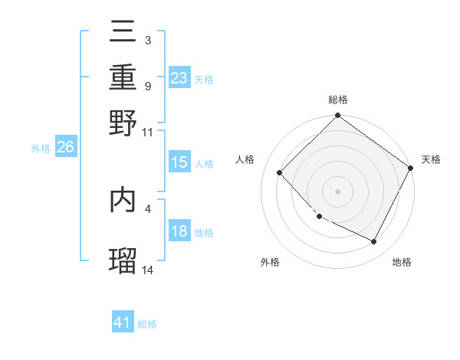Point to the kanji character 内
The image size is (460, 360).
pos(123,199)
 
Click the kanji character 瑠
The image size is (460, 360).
pos(123,260)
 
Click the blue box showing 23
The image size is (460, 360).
pos(179,78)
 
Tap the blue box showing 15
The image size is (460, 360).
pos(179,162)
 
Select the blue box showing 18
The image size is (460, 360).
pos(179,231)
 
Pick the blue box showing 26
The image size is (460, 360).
pos(65,148)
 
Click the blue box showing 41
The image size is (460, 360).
pos(123,322)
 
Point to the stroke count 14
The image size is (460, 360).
pos(148,270)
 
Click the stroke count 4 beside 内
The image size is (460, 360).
pos(148,208)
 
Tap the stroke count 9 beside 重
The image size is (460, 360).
pos(147,86)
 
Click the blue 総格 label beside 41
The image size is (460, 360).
pos(148,324)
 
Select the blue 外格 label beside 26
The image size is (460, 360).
pos(41,149)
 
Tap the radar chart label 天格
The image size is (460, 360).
pos(431,159)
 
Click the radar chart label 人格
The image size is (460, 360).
pos(245,159)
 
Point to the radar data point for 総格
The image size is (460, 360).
pos(337,116)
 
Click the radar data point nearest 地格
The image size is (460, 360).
pos(374,242)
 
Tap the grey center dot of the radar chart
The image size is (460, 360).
pos(337,191)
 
